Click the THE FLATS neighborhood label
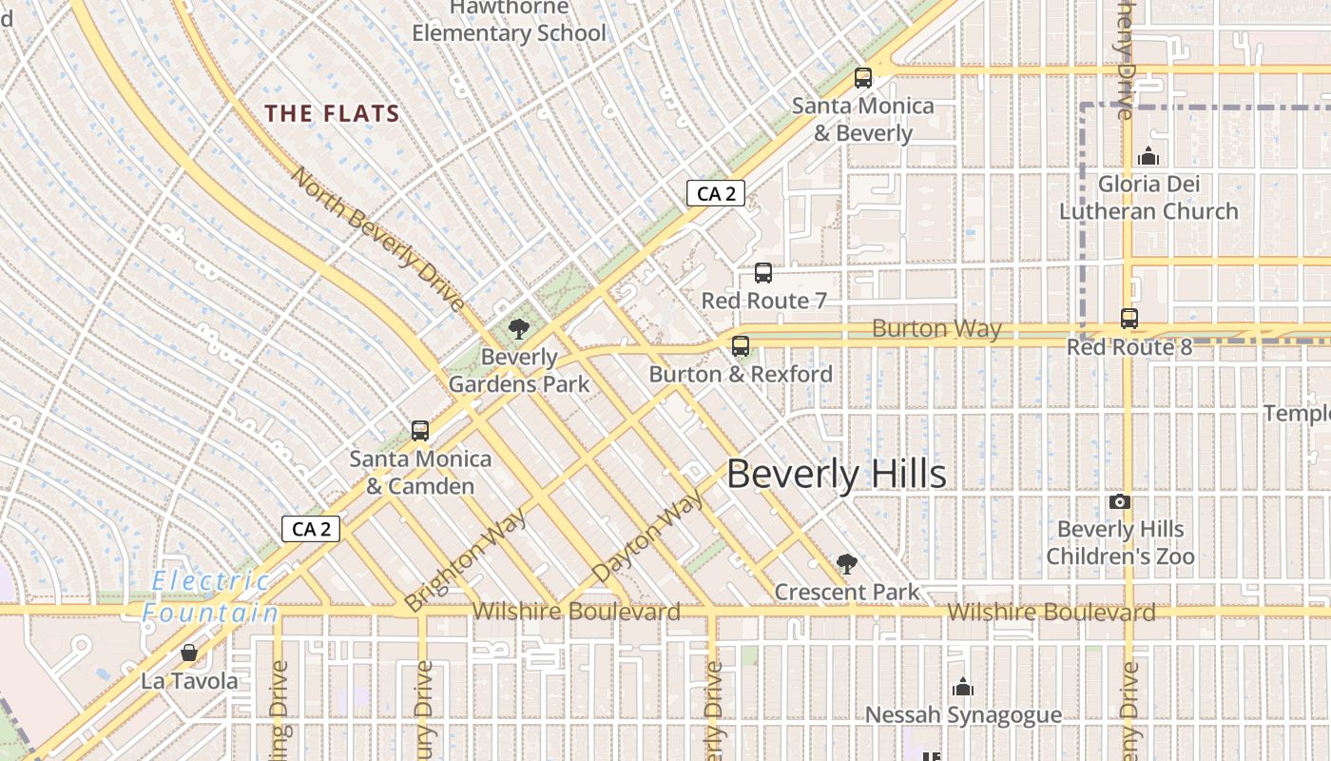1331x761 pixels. pos(332,114)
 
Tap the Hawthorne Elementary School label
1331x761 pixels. pos(509,21)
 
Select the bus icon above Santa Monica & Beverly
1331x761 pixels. pos(863,78)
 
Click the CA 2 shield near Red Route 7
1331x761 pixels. pos(716,194)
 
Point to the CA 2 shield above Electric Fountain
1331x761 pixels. pos(311,529)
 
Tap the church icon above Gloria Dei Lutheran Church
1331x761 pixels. pos(1148,156)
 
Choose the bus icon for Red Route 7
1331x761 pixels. pos(762,273)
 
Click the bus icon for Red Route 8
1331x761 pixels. pos(1129,319)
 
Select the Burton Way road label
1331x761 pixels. pos(936,329)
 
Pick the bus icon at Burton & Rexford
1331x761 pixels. pos(741,346)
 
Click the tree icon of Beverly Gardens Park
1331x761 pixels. pos(519,330)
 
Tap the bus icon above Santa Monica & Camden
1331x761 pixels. pos(420,431)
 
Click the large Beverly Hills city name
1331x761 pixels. pos(837,474)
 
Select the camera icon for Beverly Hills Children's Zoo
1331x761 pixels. pos(1120,501)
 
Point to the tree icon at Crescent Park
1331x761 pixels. pos(846,564)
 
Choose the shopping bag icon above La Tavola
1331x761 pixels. pos(189,653)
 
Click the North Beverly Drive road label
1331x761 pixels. pos(377,238)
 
